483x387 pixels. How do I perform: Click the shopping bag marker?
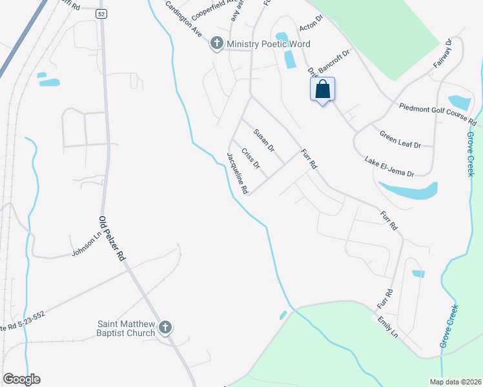(323, 90)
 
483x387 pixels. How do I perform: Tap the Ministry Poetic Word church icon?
(216, 45)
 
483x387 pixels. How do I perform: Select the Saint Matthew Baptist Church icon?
(165, 328)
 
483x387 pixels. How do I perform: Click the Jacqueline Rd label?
(237, 174)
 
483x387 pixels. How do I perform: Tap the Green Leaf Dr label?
(400, 139)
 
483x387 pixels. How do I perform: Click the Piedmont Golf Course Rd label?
(437, 114)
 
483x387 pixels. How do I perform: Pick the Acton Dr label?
(311, 28)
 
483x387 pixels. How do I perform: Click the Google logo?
(21, 379)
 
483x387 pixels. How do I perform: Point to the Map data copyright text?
(455, 382)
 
